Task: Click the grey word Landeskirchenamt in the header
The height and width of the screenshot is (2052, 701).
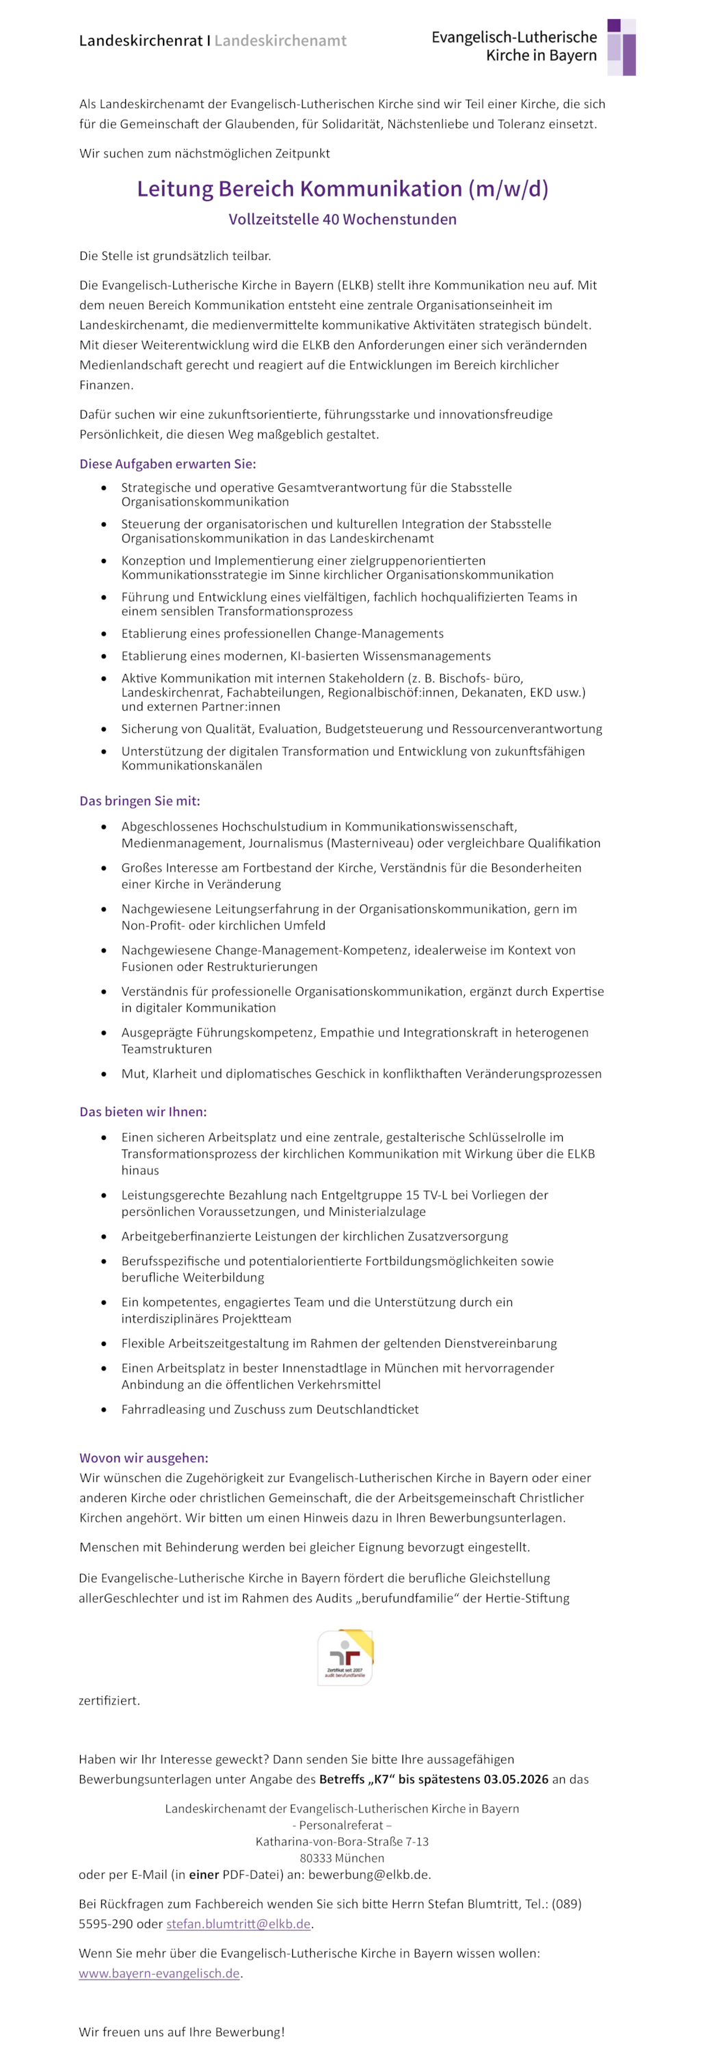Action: coord(281,40)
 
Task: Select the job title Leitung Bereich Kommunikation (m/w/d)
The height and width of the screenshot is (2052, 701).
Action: coord(342,189)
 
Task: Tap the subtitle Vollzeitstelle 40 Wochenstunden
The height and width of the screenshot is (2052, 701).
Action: coord(342,219)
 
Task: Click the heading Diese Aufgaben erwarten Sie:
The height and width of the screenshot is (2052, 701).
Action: coord(167,464)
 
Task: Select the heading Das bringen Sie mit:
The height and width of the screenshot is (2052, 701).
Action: coord(140,801)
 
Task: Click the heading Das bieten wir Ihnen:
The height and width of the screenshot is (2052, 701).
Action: coord(142,1111)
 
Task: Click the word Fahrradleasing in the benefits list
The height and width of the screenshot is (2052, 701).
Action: coord(162,1409)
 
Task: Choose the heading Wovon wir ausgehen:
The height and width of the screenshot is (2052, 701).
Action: coord(143,1458)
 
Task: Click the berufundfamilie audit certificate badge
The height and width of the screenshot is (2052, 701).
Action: coord(345,1657)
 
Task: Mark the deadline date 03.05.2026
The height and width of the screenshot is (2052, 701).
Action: coord(515,1779)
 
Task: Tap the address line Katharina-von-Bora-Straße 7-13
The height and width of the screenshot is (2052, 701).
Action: coord(342,1841)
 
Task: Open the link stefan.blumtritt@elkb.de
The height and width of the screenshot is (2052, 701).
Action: coord(238,1924)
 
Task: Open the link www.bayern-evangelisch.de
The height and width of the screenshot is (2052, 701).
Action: coord(160,1973)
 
